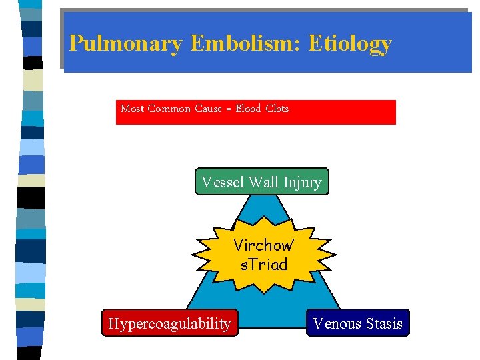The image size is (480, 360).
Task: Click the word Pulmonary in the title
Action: click(125, 44)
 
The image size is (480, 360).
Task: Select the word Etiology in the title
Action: click(351, 44)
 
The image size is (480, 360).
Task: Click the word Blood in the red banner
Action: click(248, 109)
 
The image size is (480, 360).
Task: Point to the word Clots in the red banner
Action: click(277, 109)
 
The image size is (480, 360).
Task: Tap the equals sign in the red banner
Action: click(229, 109)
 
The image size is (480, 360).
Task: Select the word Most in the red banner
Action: click(132, 109)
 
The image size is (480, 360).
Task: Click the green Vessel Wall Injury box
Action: click(261, 181)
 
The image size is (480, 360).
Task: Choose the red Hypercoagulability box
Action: click(169, 323)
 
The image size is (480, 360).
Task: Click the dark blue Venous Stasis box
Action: click(358, 323)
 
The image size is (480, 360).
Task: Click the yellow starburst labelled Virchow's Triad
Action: click(264, 255)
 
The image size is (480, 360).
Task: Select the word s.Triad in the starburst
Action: click(264, 265)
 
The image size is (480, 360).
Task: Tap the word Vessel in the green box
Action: click(223, 182)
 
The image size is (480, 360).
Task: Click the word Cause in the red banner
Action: click(208, 109)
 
